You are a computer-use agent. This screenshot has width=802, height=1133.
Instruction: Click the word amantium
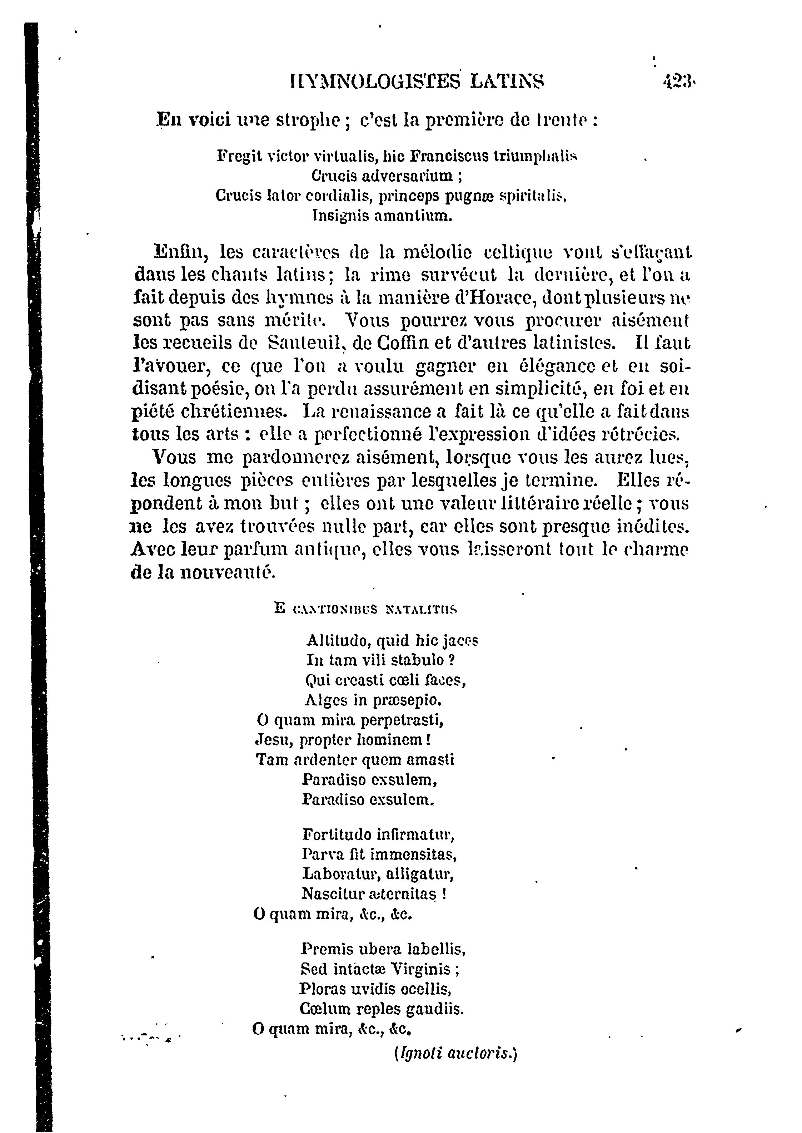414,216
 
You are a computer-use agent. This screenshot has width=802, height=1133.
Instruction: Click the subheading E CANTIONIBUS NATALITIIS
365,609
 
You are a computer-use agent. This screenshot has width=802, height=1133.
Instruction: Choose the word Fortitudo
337,835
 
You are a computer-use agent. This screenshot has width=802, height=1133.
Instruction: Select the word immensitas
413,854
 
